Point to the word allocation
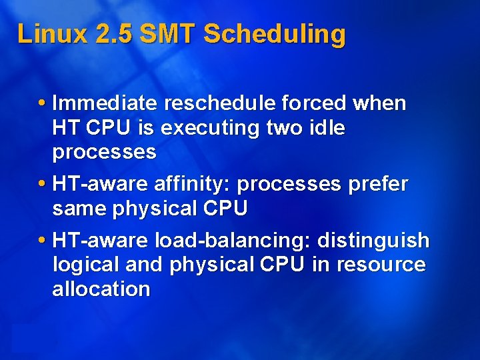coord(101,289)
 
